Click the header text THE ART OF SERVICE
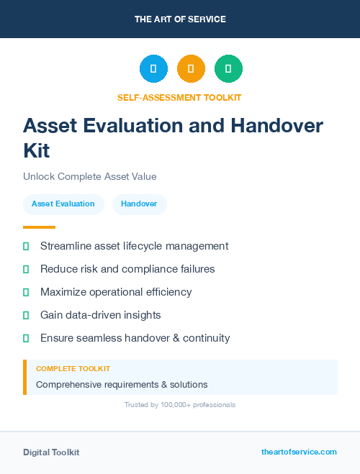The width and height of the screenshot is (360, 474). [x=180, y=19]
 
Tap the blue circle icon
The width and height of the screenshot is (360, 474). [x=153, y=69]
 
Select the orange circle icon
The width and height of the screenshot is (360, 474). [x=191, y=69]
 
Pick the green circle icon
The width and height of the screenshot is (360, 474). [x=228, y=69]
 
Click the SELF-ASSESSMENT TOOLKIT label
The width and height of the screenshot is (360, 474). [x=180, y=97]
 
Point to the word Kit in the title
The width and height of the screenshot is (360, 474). [x=37, y=150]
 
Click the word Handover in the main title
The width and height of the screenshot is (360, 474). [x=276, y=125]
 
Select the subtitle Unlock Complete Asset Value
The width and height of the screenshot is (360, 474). [x=89, y=176]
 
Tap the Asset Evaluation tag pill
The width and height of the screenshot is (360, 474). [x=63, y=204]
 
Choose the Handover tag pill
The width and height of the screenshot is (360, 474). [x=139, y=204]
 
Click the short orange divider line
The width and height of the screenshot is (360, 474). [x=39, y=227]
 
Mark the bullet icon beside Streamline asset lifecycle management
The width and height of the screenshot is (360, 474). [x=26, y=247]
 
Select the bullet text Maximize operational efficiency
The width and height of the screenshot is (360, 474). [x=116, y=292]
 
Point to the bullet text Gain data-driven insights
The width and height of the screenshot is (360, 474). [x=100, y=315]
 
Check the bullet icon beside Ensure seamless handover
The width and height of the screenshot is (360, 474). [x=26, y=338]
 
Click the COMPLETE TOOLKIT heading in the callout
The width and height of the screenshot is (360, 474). [x=73, y=369]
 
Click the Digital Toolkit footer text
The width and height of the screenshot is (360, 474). [x=51, y=452]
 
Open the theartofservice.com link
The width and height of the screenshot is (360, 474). [x=299, y=452]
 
